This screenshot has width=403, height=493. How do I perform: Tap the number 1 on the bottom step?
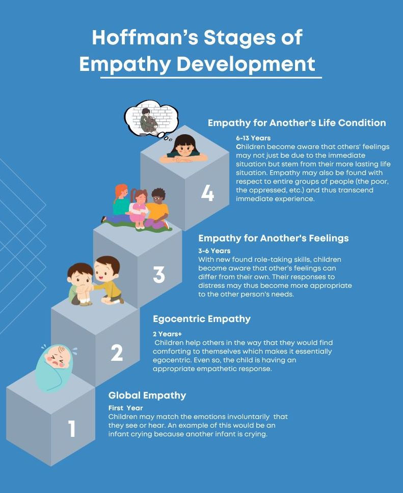tap(72, 429)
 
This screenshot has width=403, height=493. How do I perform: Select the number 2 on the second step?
tap(117, 353)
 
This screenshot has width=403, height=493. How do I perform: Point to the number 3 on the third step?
tap(159, 274)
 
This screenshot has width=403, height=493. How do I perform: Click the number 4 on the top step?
tap(208, 193)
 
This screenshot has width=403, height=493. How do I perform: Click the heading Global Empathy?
tap(147, 396)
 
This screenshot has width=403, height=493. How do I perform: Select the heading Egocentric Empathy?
tap(202, 319)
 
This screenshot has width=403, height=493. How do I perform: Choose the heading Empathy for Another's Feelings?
tap(273, 238)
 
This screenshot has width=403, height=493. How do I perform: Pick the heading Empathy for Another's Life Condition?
tap(297, 123)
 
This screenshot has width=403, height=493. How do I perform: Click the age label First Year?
tap(125, 408)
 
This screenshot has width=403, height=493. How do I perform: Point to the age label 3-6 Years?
tap(214, 251)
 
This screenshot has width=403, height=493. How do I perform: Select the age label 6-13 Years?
tap(253, 138)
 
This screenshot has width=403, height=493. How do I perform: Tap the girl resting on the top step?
tap(183, 149)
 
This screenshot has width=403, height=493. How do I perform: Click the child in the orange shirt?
tap(158, 209)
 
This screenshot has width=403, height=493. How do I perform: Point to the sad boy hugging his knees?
tap(82, 284)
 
